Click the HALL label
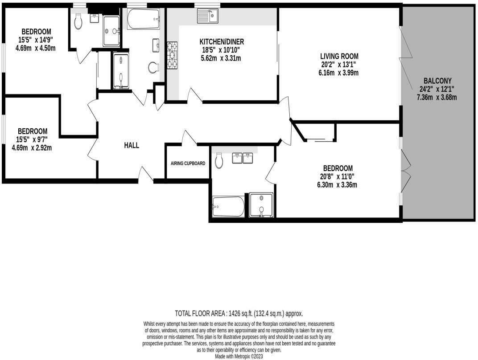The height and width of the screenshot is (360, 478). tap(132, 145)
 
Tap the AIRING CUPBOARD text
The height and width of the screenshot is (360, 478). tap(188, 164)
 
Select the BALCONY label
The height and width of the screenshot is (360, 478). tap(437, 81)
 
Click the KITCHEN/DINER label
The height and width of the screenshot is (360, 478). tap(222, 42)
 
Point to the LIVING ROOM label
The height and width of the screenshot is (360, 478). tap(339, 57)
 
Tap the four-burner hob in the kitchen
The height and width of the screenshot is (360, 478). tap(172, 55)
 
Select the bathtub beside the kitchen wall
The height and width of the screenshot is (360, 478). tap(143, 18)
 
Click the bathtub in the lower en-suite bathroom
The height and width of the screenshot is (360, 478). tap(228, 206)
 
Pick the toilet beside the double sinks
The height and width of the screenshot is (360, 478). tap(219, 161)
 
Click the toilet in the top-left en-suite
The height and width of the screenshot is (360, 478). tap(79, 20)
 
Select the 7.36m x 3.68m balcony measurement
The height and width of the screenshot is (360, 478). tap(437, 97)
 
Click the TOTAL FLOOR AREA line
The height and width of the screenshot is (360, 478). tap(239, 313)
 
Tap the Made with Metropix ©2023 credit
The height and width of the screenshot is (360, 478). tap(239, 356)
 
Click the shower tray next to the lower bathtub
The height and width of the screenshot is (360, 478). tap(260, 205)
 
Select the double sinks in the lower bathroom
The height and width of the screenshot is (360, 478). tap(243, 158)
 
